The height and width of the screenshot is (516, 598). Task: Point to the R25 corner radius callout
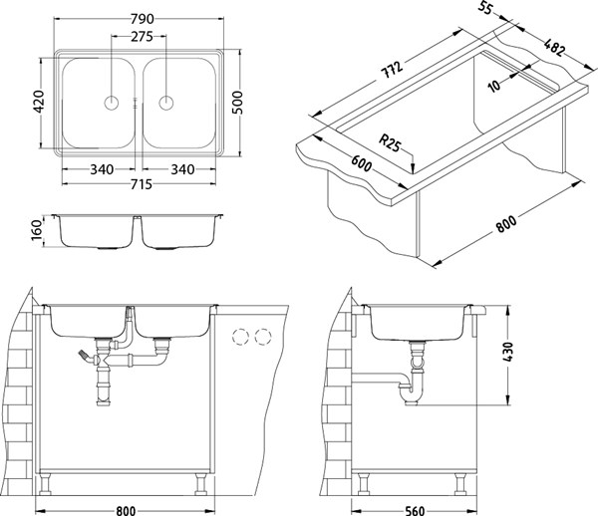point(394,145)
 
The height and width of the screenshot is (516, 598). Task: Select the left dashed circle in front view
point(240,337)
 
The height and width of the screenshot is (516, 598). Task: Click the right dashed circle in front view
point(262,337)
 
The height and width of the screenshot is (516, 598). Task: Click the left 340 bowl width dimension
point(100,169)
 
